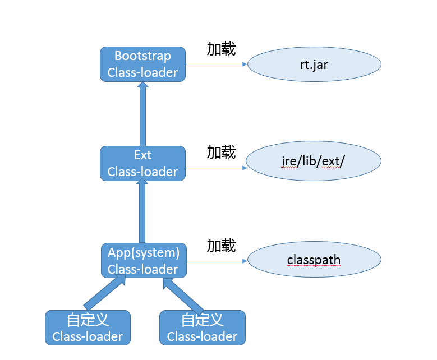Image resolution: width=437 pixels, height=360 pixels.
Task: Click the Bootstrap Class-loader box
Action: (x=142, y=64)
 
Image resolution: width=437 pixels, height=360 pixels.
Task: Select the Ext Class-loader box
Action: (x=142, y=163)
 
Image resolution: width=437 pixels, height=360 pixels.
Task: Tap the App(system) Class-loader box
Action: (x=144, y=261)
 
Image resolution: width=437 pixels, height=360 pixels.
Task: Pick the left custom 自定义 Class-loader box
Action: (x=88, y=328)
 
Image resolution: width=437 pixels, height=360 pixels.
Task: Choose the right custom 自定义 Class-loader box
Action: (x=202, y=328)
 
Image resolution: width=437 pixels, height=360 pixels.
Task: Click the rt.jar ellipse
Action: (x=314, y=64)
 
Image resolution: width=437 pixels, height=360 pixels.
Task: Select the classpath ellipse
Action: (x=314, y=261)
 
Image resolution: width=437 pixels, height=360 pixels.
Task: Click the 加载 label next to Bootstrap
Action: (x=221, y=49)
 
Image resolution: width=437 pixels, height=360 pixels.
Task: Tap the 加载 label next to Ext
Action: (x=221, y=152)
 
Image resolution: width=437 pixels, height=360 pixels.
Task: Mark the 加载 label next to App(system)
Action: (x=221, y=246)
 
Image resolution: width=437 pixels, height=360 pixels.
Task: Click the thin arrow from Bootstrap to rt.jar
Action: (x=216, y=64)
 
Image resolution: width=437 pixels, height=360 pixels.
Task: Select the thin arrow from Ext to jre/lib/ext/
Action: (x=216, y=168)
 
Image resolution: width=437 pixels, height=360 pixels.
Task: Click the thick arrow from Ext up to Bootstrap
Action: (x=142, y=114)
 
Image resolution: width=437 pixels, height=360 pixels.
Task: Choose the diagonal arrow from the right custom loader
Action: (x=182, y=295)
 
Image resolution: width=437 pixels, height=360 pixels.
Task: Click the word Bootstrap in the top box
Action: (x=142, y=56)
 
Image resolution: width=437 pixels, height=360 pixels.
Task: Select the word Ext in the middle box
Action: (x=142, y=155)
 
